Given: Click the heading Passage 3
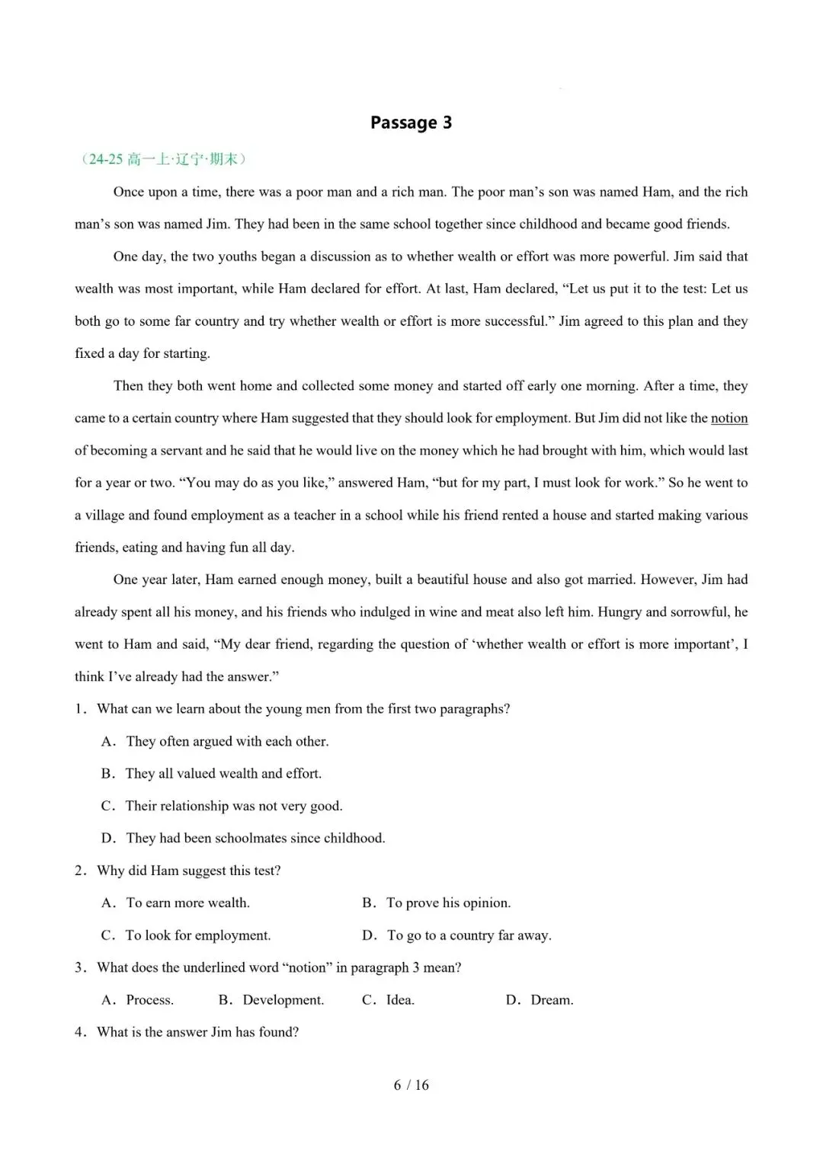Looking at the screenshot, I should [x=411, y=123].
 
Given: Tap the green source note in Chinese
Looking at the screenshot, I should [x=164, y=159].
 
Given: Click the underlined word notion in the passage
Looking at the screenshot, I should [x=729, y=418].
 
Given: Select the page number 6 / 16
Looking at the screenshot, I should [x=411, y=1085].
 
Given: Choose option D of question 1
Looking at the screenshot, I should [x=243, y=839].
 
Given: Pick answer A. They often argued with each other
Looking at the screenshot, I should [x=215, y=742].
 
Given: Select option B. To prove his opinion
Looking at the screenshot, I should [x=436, y=903].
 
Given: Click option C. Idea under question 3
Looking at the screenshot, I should [x=388, y=1000].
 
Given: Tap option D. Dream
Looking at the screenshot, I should [x=540, y=1000].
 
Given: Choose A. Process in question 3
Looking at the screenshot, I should [x=138, y=1000].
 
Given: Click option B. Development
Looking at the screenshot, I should [x=271, y=1000].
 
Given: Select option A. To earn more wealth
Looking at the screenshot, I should [x=176, y=903].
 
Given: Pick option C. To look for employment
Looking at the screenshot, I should [x=187, y=935].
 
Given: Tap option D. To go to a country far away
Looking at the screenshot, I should [x=456, y=935].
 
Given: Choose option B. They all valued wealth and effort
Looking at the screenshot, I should [x=212, y=774].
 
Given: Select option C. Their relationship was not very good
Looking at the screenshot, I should [x=222, y=806].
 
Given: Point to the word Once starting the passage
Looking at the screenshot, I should [x=129, y=192].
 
